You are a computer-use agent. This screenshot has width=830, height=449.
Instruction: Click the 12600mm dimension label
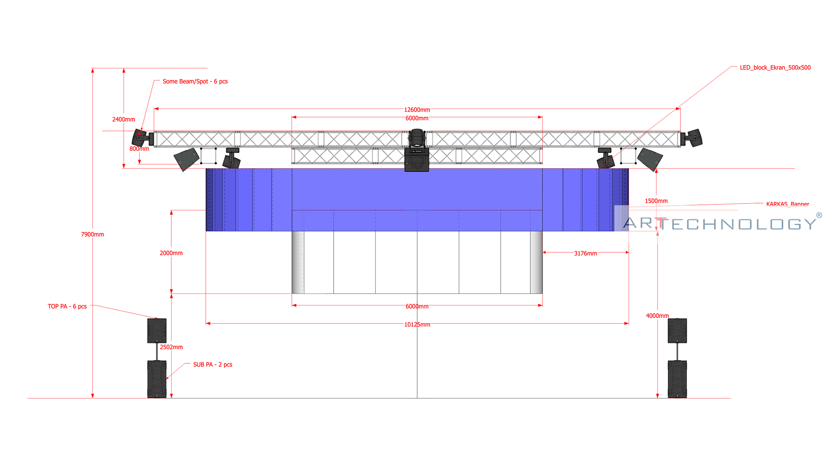[417, 110]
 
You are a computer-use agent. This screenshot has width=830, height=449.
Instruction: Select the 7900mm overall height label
[93, 234]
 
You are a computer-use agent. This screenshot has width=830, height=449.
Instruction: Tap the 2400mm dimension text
[124, 119]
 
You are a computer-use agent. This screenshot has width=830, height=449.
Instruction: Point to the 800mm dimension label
[139, 149]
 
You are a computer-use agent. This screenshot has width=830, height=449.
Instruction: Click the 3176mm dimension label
[585, 253]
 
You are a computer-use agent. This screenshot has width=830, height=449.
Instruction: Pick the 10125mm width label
[417, 325]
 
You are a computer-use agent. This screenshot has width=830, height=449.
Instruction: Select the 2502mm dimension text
[171, 347]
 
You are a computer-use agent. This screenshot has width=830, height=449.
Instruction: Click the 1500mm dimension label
[656, 201]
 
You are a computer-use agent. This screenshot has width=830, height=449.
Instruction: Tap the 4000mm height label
[657, 316]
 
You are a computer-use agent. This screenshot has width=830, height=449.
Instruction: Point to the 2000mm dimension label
[171, 253]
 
